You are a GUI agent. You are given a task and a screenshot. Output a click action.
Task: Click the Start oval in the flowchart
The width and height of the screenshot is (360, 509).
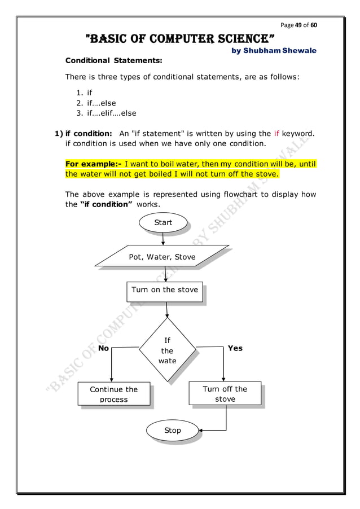[163, 223]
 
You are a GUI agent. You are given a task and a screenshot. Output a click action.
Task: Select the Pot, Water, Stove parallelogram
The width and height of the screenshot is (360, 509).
[162, 257]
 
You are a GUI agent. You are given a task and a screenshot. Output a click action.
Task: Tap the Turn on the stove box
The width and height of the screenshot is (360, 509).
[165, 290]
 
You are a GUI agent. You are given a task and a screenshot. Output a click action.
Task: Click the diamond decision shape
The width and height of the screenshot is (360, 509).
[167, 350]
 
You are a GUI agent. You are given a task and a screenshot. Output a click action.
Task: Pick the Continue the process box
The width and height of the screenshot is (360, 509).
[113, 394]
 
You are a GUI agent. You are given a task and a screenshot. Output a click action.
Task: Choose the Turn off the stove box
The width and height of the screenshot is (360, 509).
[225, 393]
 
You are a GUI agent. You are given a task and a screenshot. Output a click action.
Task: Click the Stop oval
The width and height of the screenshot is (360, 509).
[173, 431]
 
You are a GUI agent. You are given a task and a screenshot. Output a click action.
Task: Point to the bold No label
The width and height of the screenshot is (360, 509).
[104, 348]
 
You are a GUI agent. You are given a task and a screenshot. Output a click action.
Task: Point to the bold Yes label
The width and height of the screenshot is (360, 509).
[235, 348]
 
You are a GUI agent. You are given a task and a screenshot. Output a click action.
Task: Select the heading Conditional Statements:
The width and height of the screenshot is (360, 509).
[114, 60]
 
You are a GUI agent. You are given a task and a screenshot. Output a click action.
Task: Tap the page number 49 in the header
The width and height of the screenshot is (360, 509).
[299, 25]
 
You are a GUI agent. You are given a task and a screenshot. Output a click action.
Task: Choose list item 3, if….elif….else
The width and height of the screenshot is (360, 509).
[107, 113]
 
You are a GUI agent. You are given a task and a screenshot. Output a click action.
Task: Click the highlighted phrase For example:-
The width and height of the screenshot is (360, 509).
[93, 164]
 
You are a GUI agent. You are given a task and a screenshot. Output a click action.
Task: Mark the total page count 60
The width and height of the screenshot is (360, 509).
[314, 25]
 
